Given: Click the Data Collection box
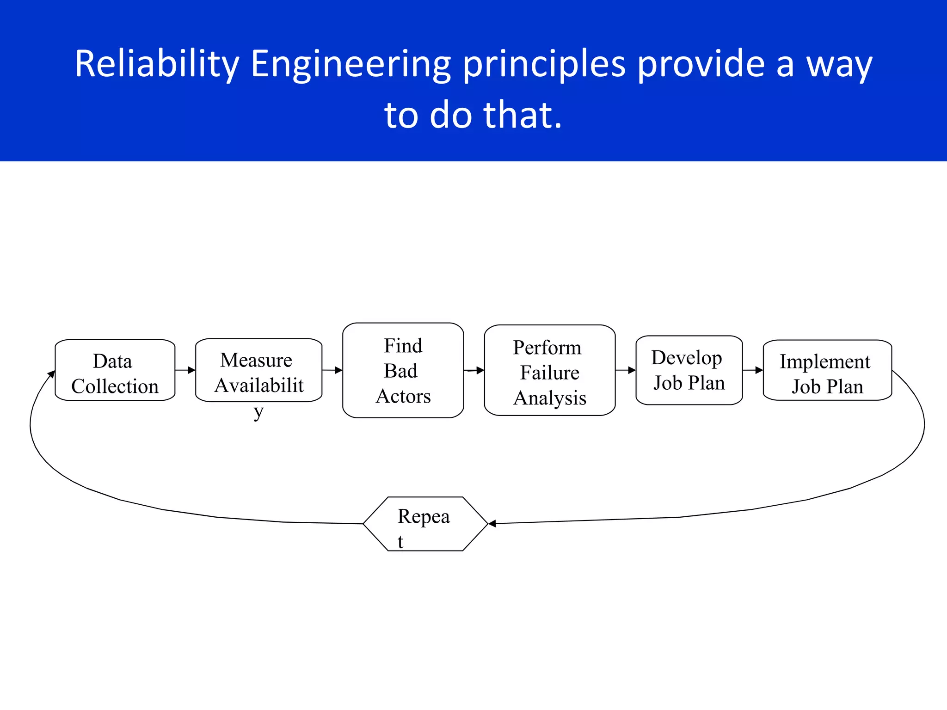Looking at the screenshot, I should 115,370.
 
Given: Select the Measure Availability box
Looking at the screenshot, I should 258,370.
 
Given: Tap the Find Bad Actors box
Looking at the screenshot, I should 403,370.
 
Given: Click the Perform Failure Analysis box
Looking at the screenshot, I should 549,370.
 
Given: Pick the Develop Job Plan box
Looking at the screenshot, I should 689,370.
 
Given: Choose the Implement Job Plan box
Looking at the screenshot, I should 827,370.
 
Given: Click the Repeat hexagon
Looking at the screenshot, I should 425,524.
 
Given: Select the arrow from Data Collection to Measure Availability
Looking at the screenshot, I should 185,370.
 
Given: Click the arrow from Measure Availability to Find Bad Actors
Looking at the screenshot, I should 332,370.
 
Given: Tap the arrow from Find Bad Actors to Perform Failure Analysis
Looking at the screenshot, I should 474,370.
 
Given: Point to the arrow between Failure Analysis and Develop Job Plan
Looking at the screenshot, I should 626,370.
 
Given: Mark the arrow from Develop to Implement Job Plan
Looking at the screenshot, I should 753,370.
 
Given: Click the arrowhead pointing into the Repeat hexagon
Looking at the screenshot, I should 492,524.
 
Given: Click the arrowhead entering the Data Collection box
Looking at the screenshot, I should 51,374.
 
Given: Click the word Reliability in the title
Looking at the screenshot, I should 157,64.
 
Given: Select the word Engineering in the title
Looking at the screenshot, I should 351,64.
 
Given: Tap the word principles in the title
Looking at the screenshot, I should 544,64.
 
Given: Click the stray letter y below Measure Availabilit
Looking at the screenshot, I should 258,411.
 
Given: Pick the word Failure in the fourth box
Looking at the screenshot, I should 549,373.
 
